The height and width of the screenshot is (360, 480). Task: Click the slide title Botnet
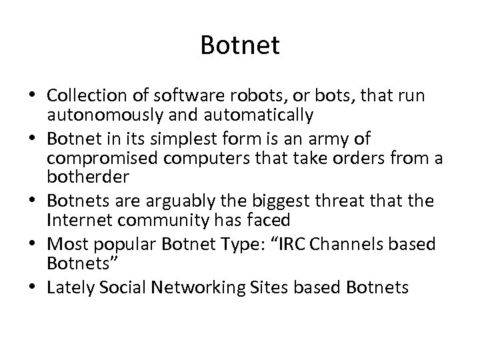(240, 46)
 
